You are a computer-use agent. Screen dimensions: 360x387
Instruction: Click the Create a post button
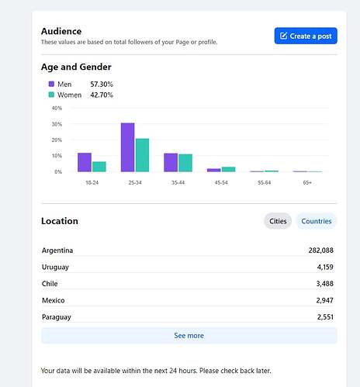[x=306, y=36]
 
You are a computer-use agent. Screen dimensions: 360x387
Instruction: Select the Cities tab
[x=278, y=221]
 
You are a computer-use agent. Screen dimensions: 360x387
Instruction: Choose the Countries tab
[x=317, y=221]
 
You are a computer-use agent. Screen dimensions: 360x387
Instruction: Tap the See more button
[x=189, y=336]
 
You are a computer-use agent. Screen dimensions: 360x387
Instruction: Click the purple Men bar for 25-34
[x=128, y=147]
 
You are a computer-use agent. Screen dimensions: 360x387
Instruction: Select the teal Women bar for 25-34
[x=142, y=155]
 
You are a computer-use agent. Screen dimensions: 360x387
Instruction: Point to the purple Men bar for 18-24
[x=85, y=162]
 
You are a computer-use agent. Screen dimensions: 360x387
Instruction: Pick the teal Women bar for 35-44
[x=185, y=163]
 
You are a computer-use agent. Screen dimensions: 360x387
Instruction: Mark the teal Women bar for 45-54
[x=229, y=169]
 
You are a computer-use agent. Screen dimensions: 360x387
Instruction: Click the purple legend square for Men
[x=51, y=84]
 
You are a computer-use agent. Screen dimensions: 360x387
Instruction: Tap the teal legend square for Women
[x=51, y=95]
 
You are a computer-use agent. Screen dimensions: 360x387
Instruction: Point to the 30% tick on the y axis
[x=57, y=124]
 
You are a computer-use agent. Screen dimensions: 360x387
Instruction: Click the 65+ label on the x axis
[x=307, y=182]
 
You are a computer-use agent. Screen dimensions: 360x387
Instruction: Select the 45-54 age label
[x=221, y=182]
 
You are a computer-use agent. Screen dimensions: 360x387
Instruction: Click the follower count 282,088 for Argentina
[x=320, y=251]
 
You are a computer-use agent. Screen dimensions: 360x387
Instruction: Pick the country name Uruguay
[x=55, y=267]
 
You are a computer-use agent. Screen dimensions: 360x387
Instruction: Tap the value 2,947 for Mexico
[x=324, y=300]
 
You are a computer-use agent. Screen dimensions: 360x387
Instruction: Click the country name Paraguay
[x=57, y=317]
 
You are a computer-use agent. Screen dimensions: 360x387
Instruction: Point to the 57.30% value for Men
[x=102, y=85]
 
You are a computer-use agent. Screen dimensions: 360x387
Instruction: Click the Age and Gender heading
[x=76, y=67]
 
